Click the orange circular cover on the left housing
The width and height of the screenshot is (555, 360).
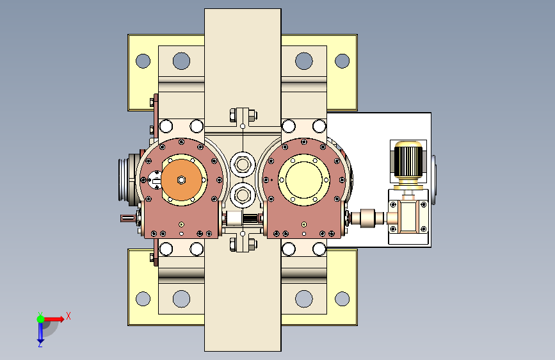[182, 180]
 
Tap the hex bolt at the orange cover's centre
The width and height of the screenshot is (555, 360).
[181, 180]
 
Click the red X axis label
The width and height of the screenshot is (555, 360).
[68, 316]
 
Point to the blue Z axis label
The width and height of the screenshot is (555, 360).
[40, 344]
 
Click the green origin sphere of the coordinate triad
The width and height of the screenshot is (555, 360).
[41, 319]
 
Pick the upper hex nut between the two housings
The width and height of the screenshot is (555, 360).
[243, 165]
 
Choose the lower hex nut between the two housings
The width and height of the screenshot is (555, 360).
[243, 195]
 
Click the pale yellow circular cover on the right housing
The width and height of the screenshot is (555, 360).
[303, 179]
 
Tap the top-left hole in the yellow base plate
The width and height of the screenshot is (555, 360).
[143, 61]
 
